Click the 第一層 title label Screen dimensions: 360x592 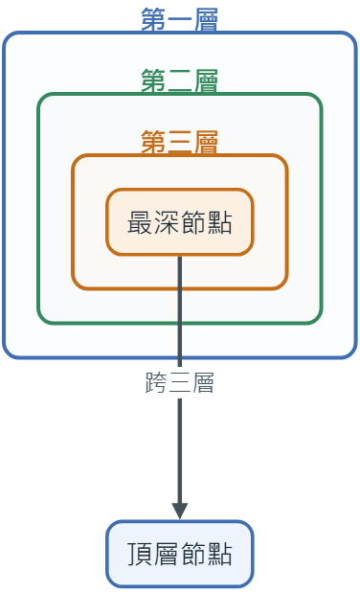coord(180,19)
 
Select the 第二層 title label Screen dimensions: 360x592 coord(180,80)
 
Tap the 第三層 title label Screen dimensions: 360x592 coord(180,142)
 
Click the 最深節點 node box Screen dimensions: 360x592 coord(180,222)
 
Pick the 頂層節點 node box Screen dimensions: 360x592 coord(180,554)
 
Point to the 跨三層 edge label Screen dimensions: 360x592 coord(180,382)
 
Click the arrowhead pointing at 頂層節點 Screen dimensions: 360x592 coord(180,512)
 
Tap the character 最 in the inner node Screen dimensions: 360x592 coord(140,222)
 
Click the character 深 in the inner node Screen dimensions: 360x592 coord(167,222)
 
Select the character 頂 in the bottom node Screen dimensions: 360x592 coord(140,554)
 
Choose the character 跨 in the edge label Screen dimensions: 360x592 coord(156,382)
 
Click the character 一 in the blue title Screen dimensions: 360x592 coord(180,19)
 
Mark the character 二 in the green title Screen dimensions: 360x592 coord(180,80)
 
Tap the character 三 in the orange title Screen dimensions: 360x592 coord(180,142)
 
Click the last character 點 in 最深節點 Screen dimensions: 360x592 coord(219,222)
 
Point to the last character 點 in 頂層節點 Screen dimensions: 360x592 coord(219,554)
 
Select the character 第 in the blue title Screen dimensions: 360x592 coord(153,19)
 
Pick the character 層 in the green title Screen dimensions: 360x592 coord(206,80)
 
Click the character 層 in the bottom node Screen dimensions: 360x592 coord(167,554)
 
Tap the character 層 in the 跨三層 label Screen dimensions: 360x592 coord(203,382)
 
